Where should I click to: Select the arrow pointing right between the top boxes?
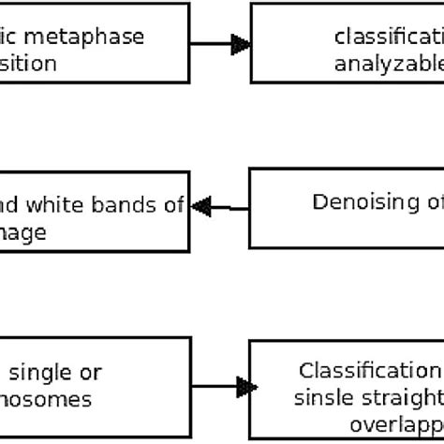221,43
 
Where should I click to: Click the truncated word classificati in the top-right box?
388,37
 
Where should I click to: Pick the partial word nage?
23,232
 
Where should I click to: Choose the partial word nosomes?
46,399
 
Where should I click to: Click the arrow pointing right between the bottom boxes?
221,386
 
